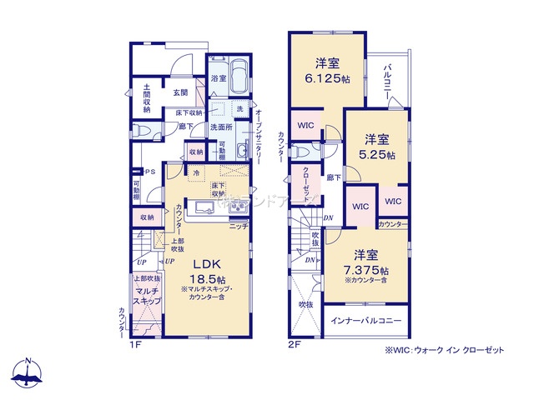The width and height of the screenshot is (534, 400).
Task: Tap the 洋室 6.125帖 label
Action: coord(325,71)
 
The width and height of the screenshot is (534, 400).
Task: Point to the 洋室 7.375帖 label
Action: coord(366,262)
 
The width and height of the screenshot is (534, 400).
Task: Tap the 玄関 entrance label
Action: coord(180,92)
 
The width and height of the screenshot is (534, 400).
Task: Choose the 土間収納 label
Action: coord(146,97)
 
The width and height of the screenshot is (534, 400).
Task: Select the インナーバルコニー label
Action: coord(366,321)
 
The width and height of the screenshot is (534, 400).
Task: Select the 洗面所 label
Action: coord(221,127)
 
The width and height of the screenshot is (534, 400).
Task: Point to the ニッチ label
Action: coord(239,226)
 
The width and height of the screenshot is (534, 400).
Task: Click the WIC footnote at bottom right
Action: coord(444,351)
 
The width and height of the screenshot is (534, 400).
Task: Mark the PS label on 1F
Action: coord(150,172)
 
